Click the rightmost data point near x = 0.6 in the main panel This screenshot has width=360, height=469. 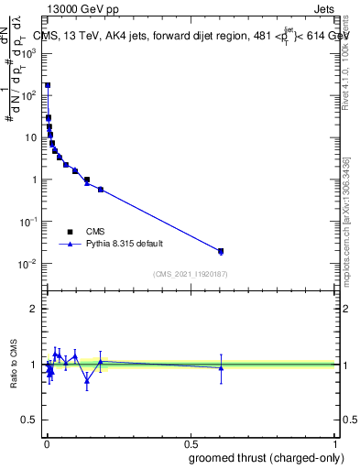(x=220, y=251)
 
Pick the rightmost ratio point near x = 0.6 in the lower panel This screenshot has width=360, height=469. (x=220, y=368)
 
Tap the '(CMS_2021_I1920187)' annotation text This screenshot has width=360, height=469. (x=190, y=273)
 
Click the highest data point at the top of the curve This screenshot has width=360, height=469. (x=48, y=85)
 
